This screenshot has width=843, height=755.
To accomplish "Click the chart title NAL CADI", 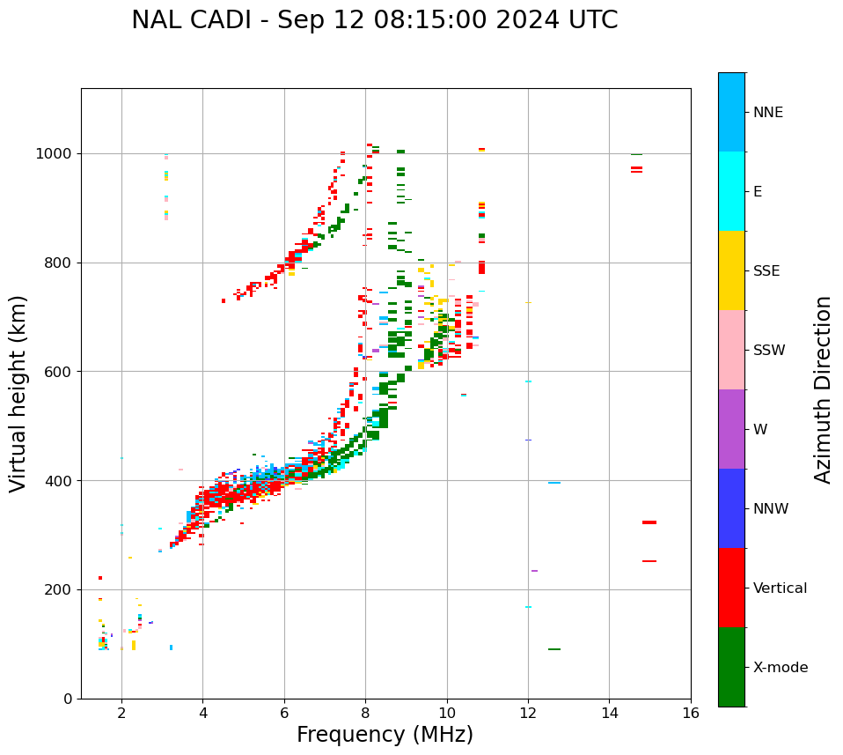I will point(374,20).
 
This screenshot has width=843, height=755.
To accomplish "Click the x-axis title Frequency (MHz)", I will point(385,735).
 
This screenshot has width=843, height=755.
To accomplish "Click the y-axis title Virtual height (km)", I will point(18,393).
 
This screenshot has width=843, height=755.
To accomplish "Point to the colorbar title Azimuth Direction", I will point(823,389).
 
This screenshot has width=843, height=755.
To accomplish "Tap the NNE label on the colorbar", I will point(767,113).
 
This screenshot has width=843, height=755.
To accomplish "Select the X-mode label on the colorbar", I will point(780,668).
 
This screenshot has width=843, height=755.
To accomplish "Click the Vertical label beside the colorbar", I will point(780,588).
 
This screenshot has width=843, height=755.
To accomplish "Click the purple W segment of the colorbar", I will point(731,429).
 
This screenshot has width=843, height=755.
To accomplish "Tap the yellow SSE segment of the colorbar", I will point(731,270).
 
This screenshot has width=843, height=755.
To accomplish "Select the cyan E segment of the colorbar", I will point(731,191).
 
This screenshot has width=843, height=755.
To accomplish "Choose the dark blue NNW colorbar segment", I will point(731,508).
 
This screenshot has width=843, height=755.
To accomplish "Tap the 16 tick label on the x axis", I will point(691,713).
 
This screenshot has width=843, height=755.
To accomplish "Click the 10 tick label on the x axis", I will point(447,713).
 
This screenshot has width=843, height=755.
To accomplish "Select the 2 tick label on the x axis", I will point(121,713).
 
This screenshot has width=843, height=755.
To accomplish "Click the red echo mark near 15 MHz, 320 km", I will point(649,522).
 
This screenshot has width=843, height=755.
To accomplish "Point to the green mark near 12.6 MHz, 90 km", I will point(554,649).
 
